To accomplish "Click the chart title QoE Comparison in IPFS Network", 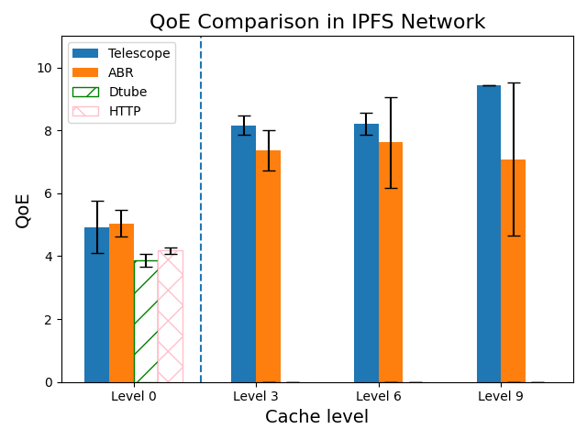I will tap(317, 22).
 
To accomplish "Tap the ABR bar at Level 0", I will tap(121, 302).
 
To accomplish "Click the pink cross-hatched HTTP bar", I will tap(171, 316).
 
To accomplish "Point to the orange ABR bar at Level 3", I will tap(268, 266).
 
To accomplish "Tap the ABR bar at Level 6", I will tap(391, 262).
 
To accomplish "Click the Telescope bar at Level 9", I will tap(489, 234).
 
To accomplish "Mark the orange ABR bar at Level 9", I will tap(513, 270).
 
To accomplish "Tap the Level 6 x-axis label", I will tap(378, 396).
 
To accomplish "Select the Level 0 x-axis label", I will tap(134, 396).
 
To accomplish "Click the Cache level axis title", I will tap(317, 417).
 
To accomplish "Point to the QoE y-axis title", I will tap(23, 210).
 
